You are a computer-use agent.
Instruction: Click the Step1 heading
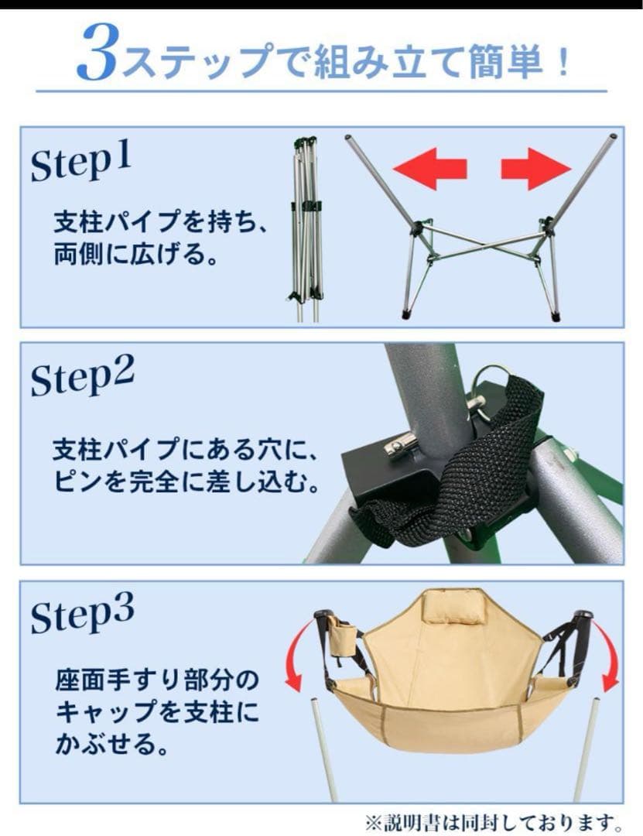coord(81,162)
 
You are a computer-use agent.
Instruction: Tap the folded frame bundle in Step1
coord(307,228)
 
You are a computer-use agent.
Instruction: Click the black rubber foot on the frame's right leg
coord(555,316)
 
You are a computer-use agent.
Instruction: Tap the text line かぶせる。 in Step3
coord(108,745)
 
